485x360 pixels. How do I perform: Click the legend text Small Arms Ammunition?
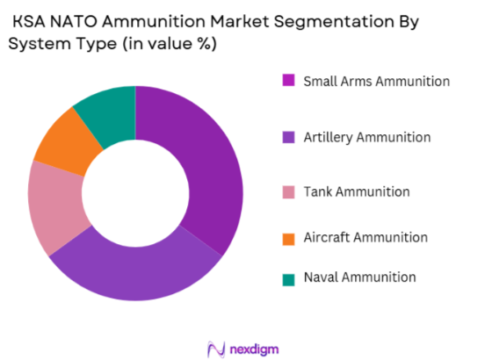pyautogui.click(x=376, y=82)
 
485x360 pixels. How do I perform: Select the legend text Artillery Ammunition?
pyautogui.click(x=366, y=137)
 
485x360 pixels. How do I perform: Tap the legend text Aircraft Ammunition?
pyautogui.click(x=365, y=237)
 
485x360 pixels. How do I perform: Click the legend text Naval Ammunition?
pyautogui.click(x=359, y=277)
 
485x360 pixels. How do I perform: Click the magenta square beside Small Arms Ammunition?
pyautogui.click(x=288, y=82)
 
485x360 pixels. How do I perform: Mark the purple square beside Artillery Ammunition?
pyautogui.click(x=288, y=137)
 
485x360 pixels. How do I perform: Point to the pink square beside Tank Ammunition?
pyautogui.click(x=288, y=191)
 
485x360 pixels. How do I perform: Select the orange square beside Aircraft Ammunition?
pyautogui.click(x=288, y=237)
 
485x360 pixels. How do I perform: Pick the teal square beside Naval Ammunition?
pyautogui.click(x=288, y=277)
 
